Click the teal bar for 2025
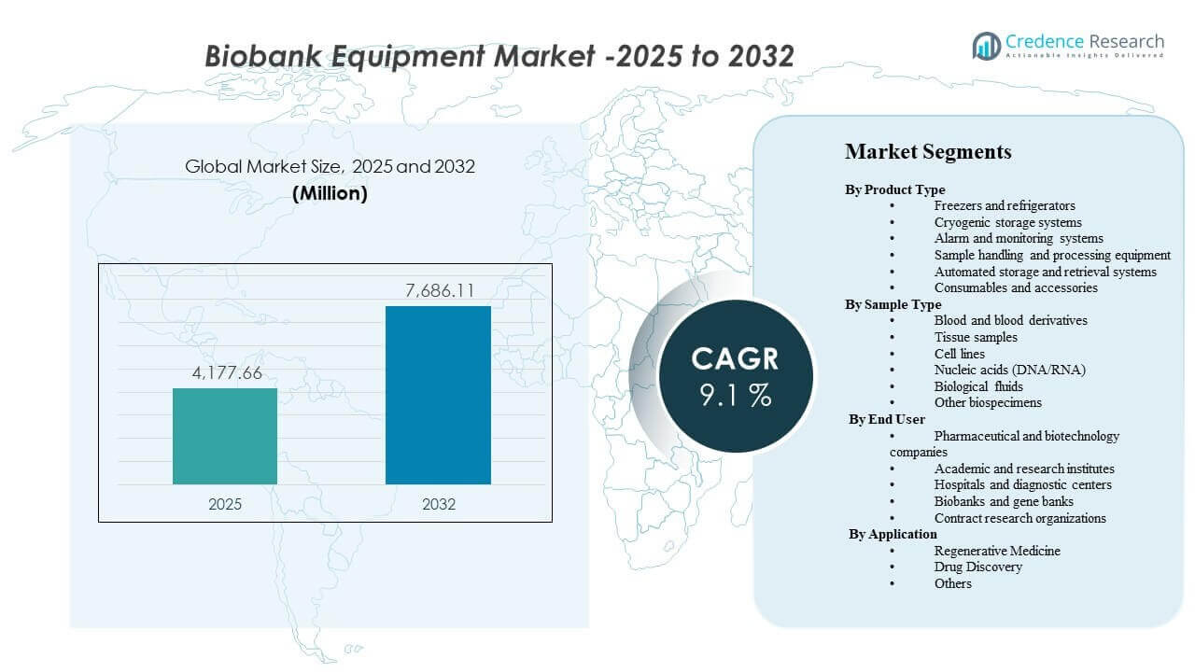(225, 436)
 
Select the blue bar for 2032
(438, 395)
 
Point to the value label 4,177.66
(225, 374)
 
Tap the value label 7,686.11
(438, 291)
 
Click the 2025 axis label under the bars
(225, 504)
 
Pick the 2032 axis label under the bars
(438, 504)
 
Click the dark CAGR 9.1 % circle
(736, 376)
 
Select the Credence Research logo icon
(986, 46)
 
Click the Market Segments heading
(928, 151)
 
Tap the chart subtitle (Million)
(330, 194)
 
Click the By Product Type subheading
(894, 189)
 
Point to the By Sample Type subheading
(893, 304)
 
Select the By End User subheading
(887, 419)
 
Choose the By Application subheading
(893, 534)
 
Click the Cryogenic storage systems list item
(1007, 222)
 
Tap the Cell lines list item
(959, 354)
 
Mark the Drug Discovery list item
(977, 567)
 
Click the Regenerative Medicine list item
(997, 551)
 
